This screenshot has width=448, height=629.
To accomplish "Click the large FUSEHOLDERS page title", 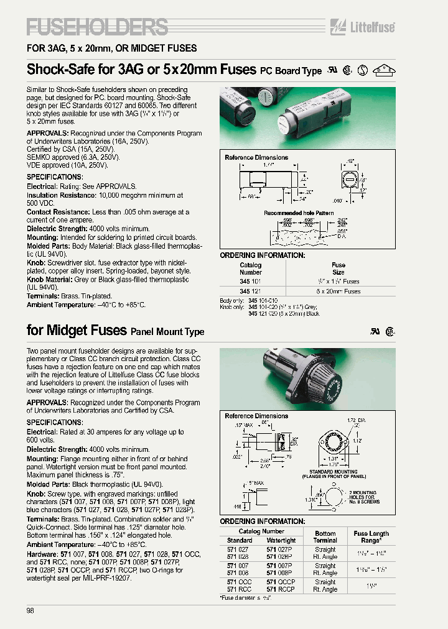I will pos(97,27).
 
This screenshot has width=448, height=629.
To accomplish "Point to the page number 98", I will pos(30,611).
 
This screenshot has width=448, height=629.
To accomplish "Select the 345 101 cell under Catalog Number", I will pos(251,282).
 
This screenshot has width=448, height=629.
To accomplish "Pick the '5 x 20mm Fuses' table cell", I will pos(338,291).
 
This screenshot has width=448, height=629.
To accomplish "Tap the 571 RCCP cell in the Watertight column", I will pos(281,589).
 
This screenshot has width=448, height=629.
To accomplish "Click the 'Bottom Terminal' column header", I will pos(325,536).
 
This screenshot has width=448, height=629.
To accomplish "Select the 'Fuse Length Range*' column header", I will pos(371,536).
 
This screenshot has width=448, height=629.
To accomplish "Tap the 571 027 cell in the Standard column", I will pos(239,549).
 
